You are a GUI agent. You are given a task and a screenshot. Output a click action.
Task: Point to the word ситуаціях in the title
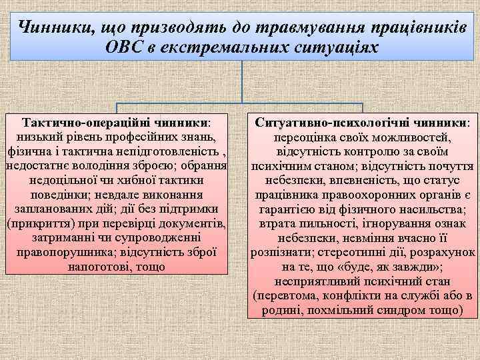[x=337, y=47]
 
